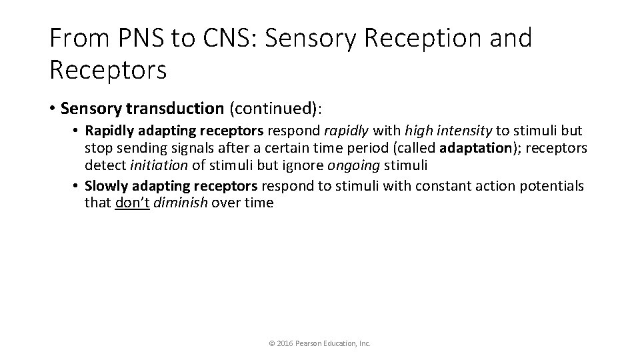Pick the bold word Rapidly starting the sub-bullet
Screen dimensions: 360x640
[111, 131]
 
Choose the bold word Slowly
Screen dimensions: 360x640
[107, 185]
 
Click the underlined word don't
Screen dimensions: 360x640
[133, 203]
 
